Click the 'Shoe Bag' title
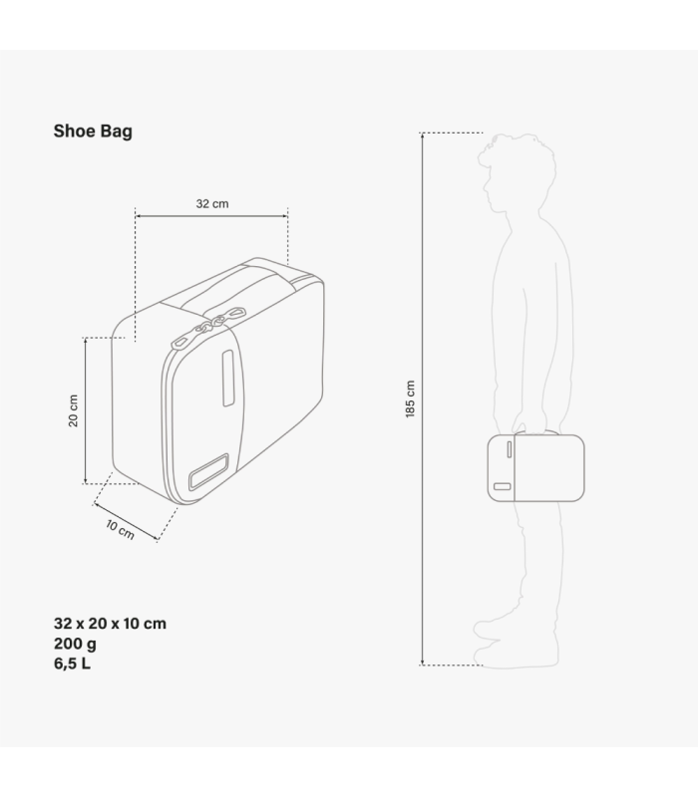pyautogui.click(x=93, y=131)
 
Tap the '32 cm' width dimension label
pyautogui.click(x=211, y=203)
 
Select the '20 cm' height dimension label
pyautogui.click(x=74, y=410)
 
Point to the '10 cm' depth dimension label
pyautogui.click(x=120, y=530)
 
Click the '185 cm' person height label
pyautogui.click(x=410, y=398)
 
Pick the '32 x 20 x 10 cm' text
pyautogui.click(x=110, y=624)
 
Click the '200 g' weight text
pyautogui.click(x=75, y=644)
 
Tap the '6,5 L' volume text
pyautogui.click(x=72, y=664)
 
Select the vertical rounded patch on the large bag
pyautogui.click(x=227, y=378)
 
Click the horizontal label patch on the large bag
pyautogui.click(x=208, y=471)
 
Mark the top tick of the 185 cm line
pyautogui.click(x=423, y=133)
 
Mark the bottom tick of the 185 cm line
pyautogui.click(x=423, y=664)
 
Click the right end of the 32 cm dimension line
pyautogui.click(x=287, y=215)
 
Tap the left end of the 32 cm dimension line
pyautogui.click(x=136, y=215)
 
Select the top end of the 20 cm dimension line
pyautogui.click(x=86, y=339)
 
